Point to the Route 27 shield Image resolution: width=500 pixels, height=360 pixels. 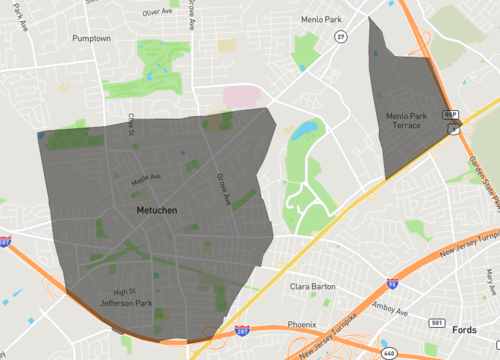pos(341,37)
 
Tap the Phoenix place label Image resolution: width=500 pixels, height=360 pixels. pos(302,325)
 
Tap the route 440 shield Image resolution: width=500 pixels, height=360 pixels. pos(387,353)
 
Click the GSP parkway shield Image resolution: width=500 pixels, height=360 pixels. pos(451,116)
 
